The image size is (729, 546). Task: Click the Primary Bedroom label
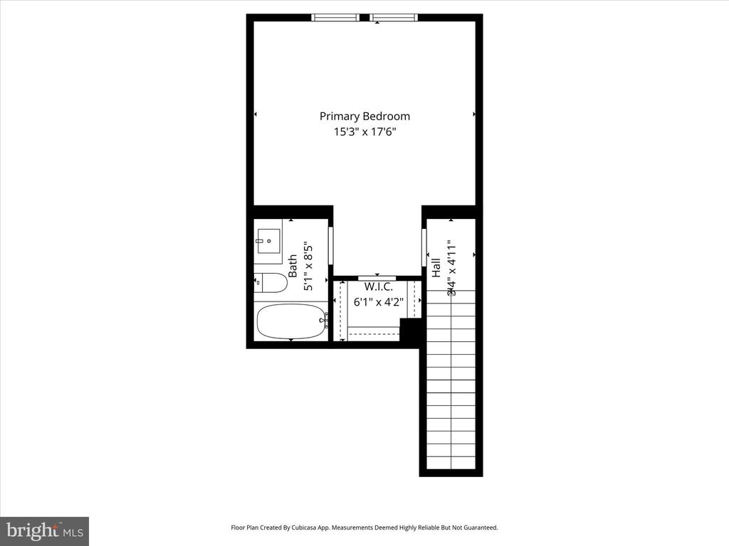pos(364,116)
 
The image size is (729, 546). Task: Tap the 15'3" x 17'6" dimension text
pos(364,132)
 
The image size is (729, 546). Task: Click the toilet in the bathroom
pos(271,283)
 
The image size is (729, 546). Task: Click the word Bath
pos(293,266)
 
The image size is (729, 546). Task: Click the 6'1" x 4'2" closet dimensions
pos(379,301)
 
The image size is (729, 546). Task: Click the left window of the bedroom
pos(335,18)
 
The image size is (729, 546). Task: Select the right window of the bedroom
pos(394,18)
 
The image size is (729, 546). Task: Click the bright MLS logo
pos(44,531)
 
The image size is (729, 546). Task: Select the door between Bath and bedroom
pos(330,246)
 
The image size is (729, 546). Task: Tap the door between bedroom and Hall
pos(424,246)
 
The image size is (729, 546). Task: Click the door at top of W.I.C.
pos(377,277)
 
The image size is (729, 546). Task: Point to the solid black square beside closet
pos(410,331)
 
